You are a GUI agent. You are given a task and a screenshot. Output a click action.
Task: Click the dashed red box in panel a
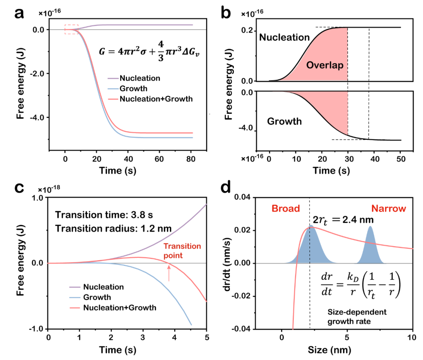71,29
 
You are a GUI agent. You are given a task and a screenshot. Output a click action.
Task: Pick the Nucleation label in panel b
284,38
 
